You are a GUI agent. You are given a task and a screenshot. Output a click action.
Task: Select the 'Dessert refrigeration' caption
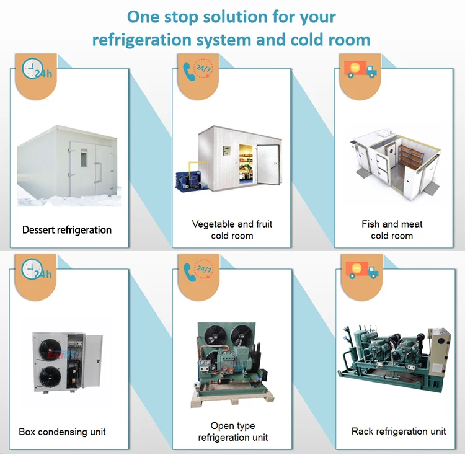[x=67, y=230]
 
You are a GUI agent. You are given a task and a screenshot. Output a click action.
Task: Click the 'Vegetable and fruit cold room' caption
[x=232, y=229]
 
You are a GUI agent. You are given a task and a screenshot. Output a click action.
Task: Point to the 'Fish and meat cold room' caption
[x=392, y=229]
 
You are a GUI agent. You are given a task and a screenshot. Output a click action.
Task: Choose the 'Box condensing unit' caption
[x=62, y=432]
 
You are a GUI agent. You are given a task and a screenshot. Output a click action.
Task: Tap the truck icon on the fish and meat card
[x=360, y=68]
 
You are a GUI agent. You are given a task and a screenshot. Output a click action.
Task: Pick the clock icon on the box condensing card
[x=33, y=271]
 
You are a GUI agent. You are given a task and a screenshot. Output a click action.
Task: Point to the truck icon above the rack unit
[x=360, y=270]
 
